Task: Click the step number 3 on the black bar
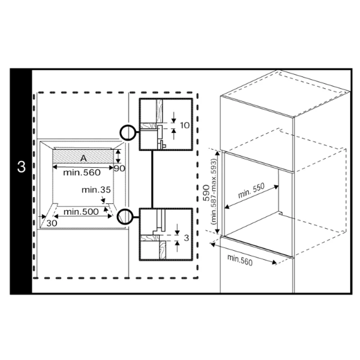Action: point(21,167)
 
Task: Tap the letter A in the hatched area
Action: point(84,158)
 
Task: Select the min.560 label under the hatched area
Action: point(82,173)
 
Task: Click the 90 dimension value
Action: point(119,168)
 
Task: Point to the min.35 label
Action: point(96,190)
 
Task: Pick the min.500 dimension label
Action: point(81,211)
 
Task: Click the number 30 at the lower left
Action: point(52,223)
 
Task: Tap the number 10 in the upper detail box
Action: point(185,126)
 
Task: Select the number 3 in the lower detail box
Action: point(186,238)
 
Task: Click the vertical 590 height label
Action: point(206,193)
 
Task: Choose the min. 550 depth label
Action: point(251,190)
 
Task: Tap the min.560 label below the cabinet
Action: point(240,260)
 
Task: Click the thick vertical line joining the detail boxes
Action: point(152,179)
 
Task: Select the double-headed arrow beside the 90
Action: point(118,156)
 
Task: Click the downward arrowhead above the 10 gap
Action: point(174,120)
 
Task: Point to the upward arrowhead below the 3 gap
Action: point(177,243)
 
